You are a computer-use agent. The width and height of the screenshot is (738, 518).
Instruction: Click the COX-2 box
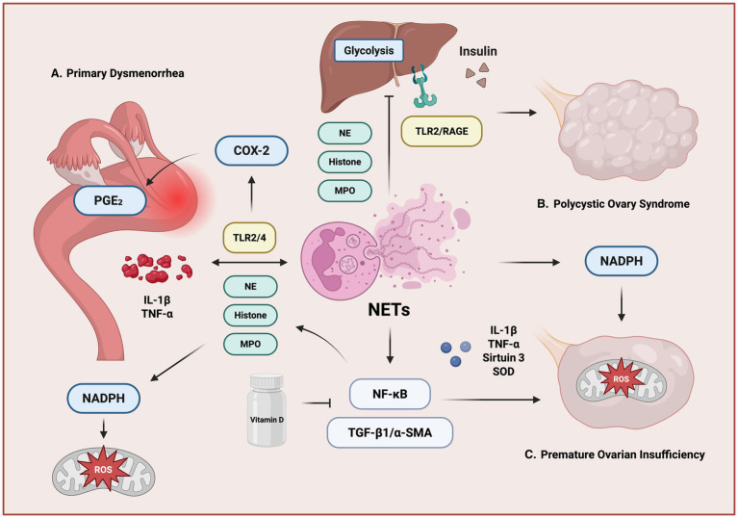tap(251, 151)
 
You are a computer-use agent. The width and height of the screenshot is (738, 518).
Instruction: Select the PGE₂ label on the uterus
tap(110, 200)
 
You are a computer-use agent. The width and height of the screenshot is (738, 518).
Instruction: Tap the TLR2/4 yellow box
tap(249, 238)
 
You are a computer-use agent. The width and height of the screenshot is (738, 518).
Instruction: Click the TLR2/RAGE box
tap(442, 131)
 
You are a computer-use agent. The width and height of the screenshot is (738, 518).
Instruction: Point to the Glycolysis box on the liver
tap(369, 50)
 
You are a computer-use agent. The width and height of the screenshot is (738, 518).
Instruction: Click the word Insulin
tap(477, 51)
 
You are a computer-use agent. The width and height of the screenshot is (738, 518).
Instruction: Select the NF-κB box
tap(390, 394)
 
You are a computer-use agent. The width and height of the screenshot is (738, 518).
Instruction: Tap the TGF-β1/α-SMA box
tap(390, 432)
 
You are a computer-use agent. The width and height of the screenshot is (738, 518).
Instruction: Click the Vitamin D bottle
tap(267, 410)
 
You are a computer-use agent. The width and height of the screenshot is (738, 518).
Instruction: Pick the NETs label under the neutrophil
tap(389, 310)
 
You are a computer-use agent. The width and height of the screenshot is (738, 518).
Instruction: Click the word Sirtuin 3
tap(503, 357)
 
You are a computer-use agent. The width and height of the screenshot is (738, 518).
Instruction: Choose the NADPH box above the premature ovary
tap(622, 260)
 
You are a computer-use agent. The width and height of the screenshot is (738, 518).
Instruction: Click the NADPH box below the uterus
tap(104, 399)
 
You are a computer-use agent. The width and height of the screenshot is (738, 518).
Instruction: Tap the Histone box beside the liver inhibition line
tap(345, 162)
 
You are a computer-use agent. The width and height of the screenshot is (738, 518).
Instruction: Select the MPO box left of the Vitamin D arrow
tap(250, 344)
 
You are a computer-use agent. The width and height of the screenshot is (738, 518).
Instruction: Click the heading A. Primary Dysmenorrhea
tap(117, 73)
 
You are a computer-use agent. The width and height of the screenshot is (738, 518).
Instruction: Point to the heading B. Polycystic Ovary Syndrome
tap(613, 204)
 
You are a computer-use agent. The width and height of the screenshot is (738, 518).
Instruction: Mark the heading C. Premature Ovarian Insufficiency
tap(615, 454)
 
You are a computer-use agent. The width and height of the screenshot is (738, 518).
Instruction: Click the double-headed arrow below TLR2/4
tap(249, 262)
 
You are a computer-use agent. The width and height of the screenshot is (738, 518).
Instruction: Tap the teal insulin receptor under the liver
tap(423, 86)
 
